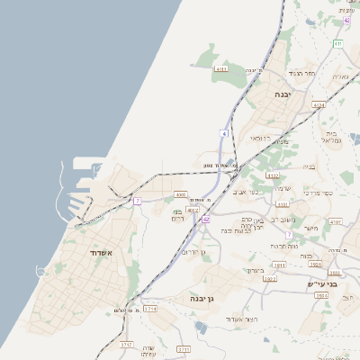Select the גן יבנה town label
[x=200, y=298]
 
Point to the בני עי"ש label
[x=320, y=284]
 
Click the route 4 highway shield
[x=223, y=133]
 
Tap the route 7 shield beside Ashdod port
[x=137, y=201]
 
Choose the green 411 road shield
[x=337, y=43]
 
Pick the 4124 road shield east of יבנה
[x=318, y=105]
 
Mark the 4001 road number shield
[x=180, y=193]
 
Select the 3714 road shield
[x=150, y=309]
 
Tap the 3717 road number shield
[x=126, y=345]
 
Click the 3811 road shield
[x=279, y=265]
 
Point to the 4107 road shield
[x=336, y=221]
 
